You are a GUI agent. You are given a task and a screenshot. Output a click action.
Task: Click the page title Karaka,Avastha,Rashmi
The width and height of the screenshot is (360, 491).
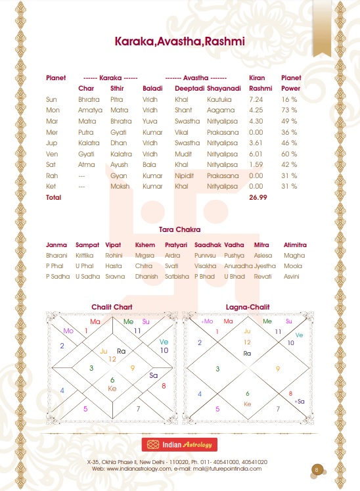click(179, 41)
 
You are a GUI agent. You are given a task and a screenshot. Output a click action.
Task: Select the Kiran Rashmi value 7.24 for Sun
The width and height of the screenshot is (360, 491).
click(256, 99)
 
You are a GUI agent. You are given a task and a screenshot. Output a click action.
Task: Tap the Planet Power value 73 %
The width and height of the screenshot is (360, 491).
click(290, 110)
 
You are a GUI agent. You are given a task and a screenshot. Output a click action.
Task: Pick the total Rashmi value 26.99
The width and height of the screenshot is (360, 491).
click(259, 197)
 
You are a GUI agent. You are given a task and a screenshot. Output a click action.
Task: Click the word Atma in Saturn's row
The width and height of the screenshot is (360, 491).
click(85, 164)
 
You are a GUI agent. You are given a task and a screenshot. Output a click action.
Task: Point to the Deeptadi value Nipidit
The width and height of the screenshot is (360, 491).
click(185, 175)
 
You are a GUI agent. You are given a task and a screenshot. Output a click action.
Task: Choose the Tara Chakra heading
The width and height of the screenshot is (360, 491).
click(179, 229)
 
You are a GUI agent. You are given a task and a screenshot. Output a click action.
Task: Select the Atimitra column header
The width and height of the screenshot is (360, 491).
click(295, 245)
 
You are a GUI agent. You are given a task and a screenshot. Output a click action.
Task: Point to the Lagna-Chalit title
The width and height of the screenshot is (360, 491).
click(248, 307)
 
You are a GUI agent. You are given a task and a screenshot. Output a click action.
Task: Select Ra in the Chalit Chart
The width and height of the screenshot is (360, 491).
click(121, 351)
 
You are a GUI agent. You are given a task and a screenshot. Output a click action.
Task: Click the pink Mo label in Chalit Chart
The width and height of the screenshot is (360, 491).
click(68, 331)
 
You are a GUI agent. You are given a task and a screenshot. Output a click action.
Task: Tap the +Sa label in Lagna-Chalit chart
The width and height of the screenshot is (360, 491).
click(300, 400)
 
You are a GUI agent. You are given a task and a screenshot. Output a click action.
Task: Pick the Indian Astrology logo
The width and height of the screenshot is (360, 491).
click(179, 445)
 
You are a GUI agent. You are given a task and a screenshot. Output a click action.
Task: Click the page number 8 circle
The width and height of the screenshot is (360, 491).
click(317, 469)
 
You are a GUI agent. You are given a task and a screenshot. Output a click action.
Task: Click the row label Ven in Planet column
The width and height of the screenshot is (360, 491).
click(52, 153)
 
